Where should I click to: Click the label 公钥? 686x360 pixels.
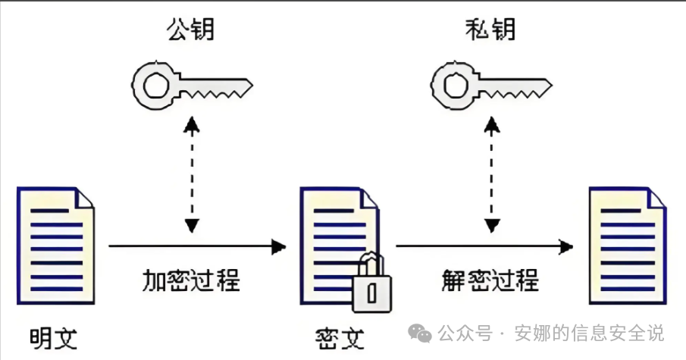click(191, 30)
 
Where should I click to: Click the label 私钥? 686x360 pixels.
click(490, 30)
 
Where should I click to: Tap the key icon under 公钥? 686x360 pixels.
click(192, 86)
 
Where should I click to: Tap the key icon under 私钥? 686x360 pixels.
click(491, 86)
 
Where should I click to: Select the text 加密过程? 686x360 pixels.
click(191, 280)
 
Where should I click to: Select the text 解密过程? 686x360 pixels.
click(490, 280)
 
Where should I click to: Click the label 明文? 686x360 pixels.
click(53, 338)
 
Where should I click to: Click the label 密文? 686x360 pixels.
click(340, 338)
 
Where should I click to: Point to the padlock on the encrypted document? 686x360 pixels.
click(372, 283)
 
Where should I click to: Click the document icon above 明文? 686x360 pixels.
click(55, 246)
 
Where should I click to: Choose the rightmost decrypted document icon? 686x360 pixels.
click(628, 246)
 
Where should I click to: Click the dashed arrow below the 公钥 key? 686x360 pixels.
click(192, 174)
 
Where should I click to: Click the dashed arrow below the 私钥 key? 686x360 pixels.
click(492, 174)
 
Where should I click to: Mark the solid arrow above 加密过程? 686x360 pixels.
click(197, 246)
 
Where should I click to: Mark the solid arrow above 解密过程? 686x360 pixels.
click(484, 246)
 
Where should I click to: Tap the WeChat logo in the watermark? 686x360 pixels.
click(420, 333)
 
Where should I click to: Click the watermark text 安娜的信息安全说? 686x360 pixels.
click(589, 333)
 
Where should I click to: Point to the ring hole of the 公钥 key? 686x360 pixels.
click(154, 86)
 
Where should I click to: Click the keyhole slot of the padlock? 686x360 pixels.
click(372, 293)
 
